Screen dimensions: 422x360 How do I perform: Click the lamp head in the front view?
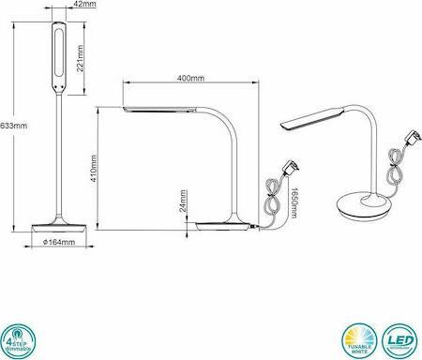(x=57, y=57)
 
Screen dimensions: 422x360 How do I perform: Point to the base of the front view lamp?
(x=59, y=228)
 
